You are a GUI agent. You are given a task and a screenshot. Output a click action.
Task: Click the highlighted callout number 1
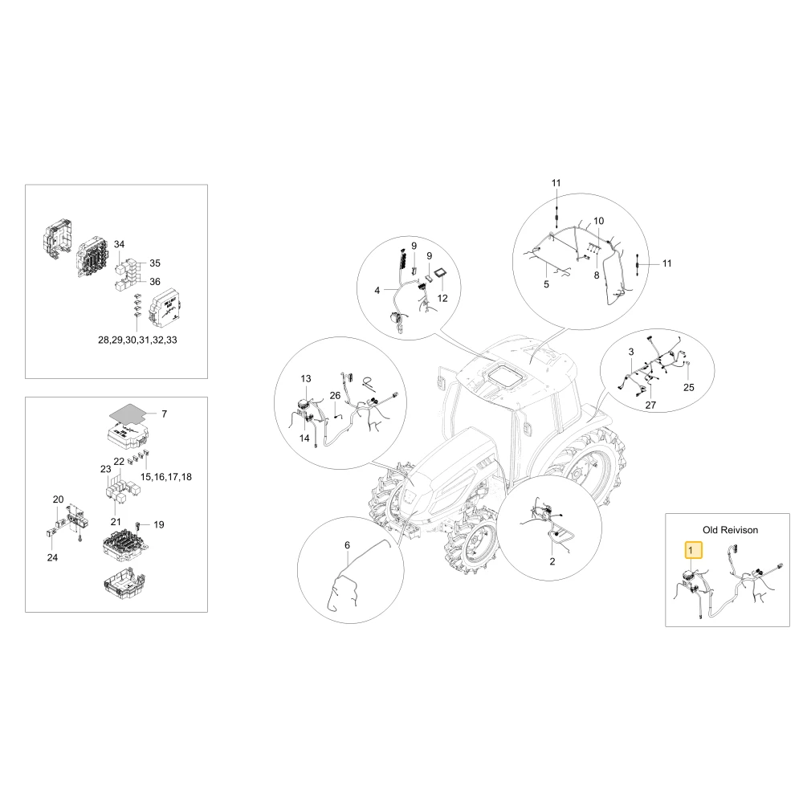694,550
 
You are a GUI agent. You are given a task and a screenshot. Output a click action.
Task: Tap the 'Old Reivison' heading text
730,530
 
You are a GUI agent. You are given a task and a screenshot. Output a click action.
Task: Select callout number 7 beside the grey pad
164,414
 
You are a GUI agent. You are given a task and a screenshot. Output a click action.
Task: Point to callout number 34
119,244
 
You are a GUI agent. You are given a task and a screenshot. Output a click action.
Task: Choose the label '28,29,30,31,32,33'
137,340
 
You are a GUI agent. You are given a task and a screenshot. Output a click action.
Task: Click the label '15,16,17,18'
166,477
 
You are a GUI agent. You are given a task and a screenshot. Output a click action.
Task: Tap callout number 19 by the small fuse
159,524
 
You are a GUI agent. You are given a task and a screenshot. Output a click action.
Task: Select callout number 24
52,557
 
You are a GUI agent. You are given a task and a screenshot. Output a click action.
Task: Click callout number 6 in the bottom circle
347,545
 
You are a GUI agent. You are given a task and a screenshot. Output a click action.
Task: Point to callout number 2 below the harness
552,561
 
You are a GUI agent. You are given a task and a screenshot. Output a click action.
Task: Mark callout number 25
689,388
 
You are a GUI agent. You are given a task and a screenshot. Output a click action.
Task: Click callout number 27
650,405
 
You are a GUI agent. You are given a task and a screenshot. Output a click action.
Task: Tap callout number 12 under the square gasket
442,298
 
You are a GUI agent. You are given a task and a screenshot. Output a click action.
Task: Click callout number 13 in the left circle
306,379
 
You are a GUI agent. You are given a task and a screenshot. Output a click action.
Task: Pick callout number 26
335,395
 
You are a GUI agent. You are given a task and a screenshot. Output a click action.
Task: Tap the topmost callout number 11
556,183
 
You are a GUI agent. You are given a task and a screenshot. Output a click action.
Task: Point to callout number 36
155,281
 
